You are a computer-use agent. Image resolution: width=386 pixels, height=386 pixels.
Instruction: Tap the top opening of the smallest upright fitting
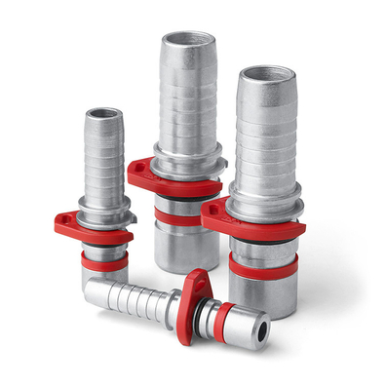103,114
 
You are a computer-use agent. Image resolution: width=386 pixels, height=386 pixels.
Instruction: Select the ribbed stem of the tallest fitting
183,97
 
